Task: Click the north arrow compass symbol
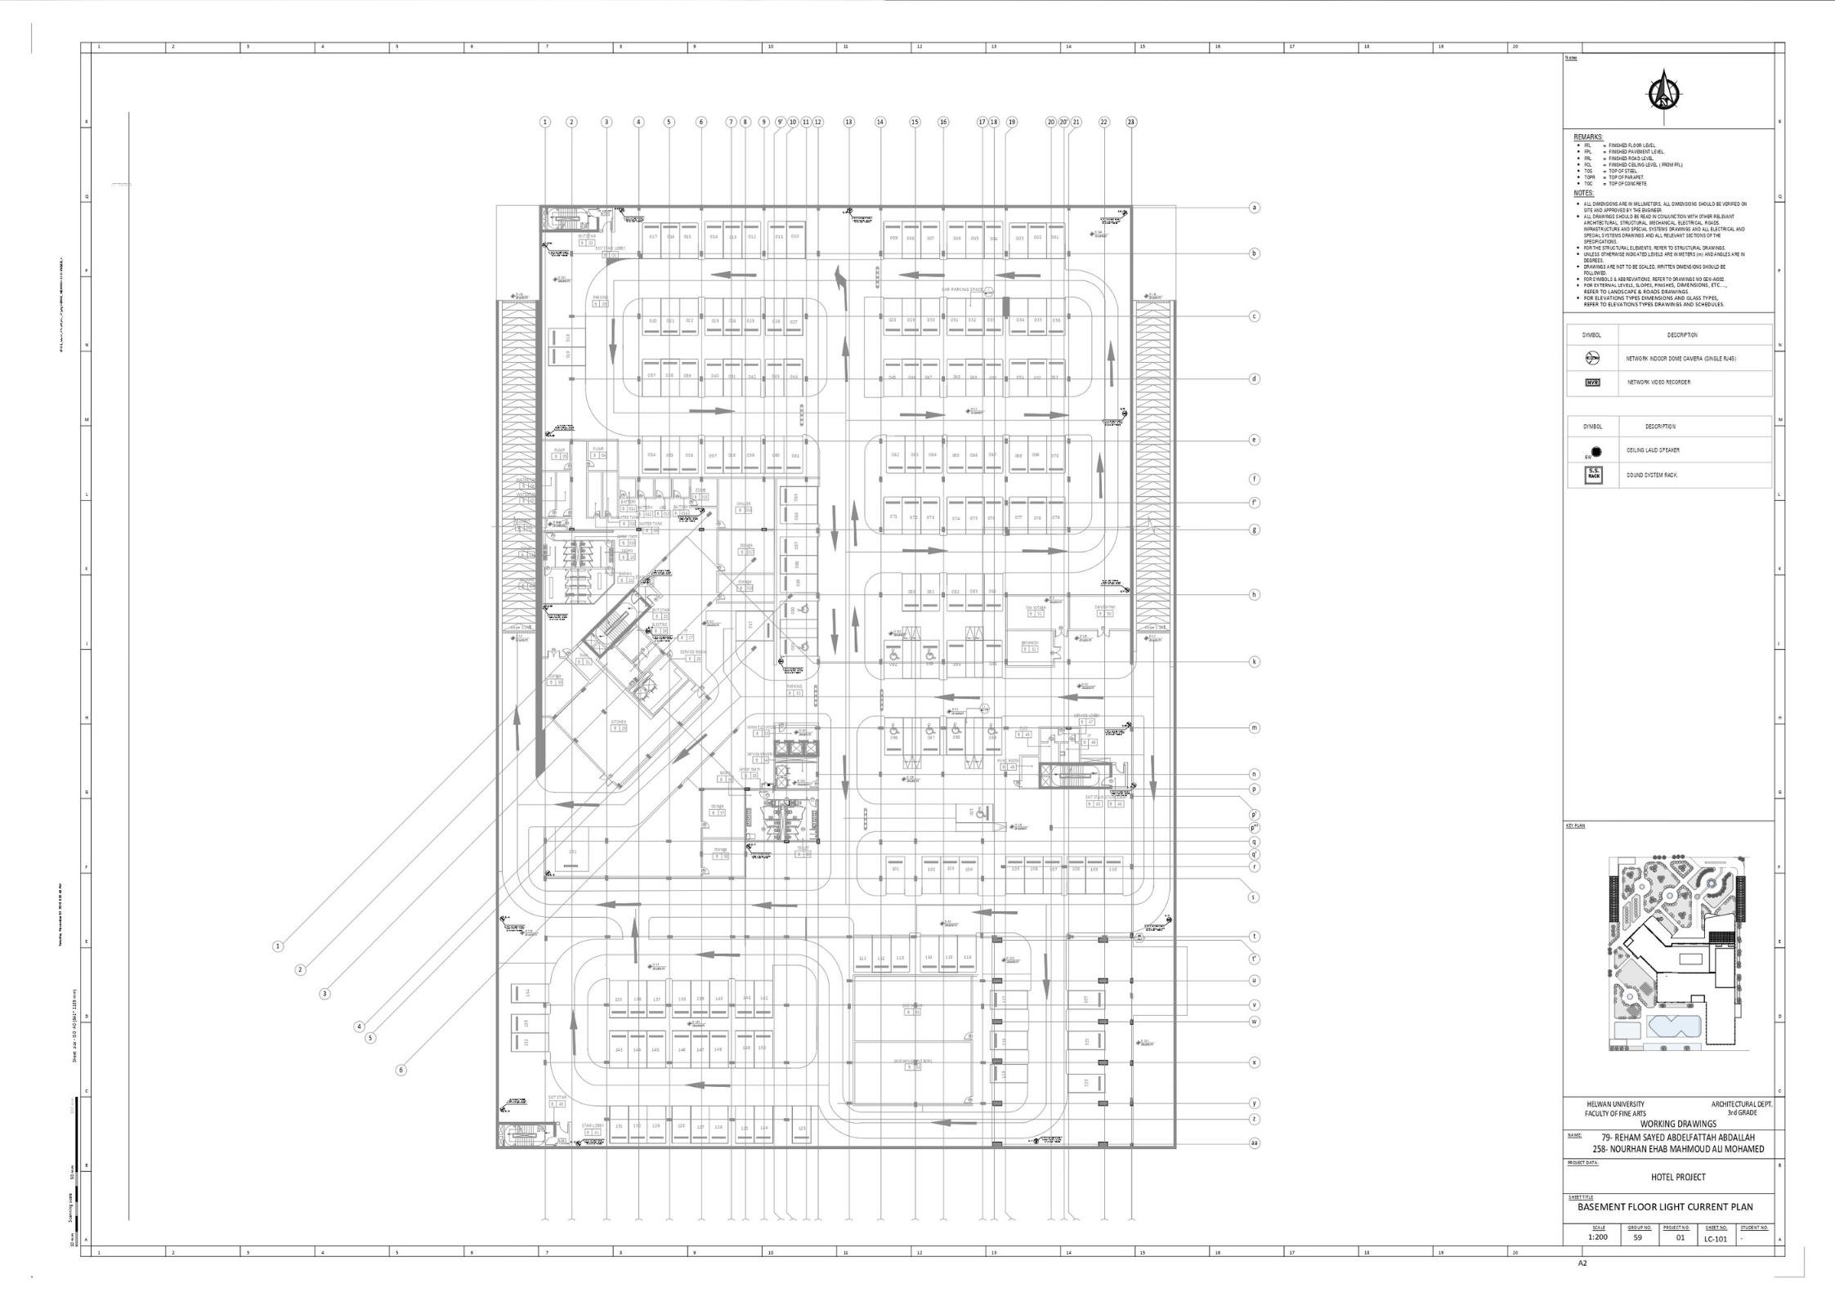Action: [1663, 92]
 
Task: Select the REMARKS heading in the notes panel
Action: [1588, 137]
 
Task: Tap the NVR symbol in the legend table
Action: [1591, 382]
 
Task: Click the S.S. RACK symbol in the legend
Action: [1592, 475]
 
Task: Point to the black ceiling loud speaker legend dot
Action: [1596, 451]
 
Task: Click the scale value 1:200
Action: [1597, 1237]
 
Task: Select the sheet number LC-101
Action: [1716, 1239]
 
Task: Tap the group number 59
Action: [1637, 1237]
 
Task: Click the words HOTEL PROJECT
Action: [1677, 1177]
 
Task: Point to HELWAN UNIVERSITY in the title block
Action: [1615, 1104]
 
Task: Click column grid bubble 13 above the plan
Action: [848, 122]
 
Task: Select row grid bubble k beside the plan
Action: [1254, 662]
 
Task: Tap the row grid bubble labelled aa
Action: [1254, 1143]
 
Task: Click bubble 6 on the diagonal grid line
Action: [401, 1070]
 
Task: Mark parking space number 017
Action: [653, 236]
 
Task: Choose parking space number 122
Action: [1086, 1082]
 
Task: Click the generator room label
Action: [1029, 642]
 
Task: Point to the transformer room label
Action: [1105, 607]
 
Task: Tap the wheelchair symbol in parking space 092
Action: [894, 654]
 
